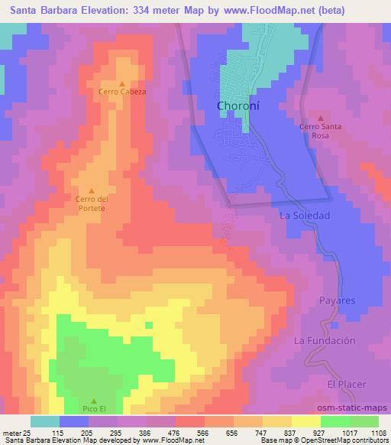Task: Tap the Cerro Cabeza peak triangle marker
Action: [121, 83]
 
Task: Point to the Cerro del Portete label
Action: [92, 203]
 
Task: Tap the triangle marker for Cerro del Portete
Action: [92, 190]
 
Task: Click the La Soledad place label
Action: [305, 216]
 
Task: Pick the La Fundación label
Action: [325, 340]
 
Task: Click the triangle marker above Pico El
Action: [93, 401]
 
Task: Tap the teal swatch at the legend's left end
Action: [45, 421]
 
